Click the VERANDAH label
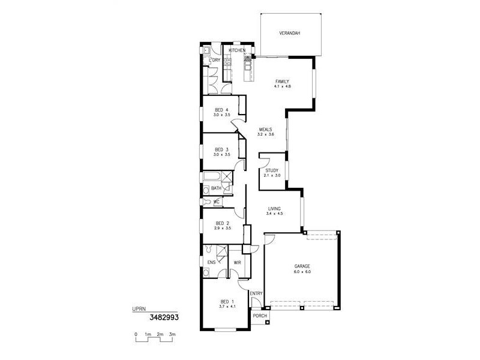[x=290, y=33]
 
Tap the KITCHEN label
[x=237, y=50]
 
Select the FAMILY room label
[x=283, y=81]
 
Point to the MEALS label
[x=266, y=129]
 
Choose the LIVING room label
[x=275, y=208]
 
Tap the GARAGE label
[x=302, y=266]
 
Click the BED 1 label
[x=226, y=301]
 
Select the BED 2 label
[x=223, y=223]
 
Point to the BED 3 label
[x=222, y=149]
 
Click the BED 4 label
[x=222, y=109]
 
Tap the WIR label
[x=238, y=262]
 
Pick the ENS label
[x=212, y=262]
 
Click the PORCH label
[x=260, y=316]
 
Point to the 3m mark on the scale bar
[x=172, y=334]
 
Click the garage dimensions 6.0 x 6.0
[x=302, y=272]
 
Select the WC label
[x=217, y=201]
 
